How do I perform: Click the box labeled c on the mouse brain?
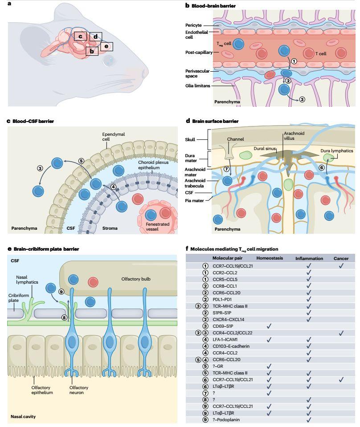coord(80,36)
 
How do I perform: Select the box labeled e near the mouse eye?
coord(106,46)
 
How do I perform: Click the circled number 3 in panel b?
coord(302,99)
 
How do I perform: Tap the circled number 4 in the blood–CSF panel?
coord(114,187)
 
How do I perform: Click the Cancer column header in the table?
coord(341,259)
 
